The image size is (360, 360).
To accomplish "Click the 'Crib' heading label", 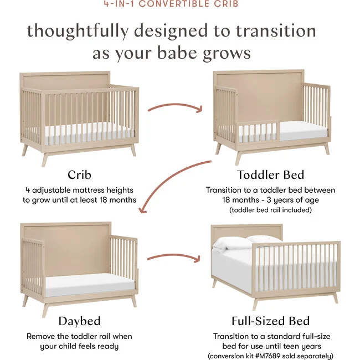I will (x=79, y=175).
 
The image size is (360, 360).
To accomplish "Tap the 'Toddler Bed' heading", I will (x=270, y=175).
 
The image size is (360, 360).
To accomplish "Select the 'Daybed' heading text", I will (x=79, y=321).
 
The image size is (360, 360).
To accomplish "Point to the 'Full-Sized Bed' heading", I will (x=270, y=321).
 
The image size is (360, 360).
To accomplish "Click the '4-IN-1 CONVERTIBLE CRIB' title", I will (x=179, y=4).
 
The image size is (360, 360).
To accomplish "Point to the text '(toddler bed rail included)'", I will (x=270, y=210).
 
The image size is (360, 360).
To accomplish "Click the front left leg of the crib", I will (x=45, y=159).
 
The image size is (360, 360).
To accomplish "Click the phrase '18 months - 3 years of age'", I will (x=270, y=200).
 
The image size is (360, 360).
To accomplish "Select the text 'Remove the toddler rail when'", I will (x=79, y=336).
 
